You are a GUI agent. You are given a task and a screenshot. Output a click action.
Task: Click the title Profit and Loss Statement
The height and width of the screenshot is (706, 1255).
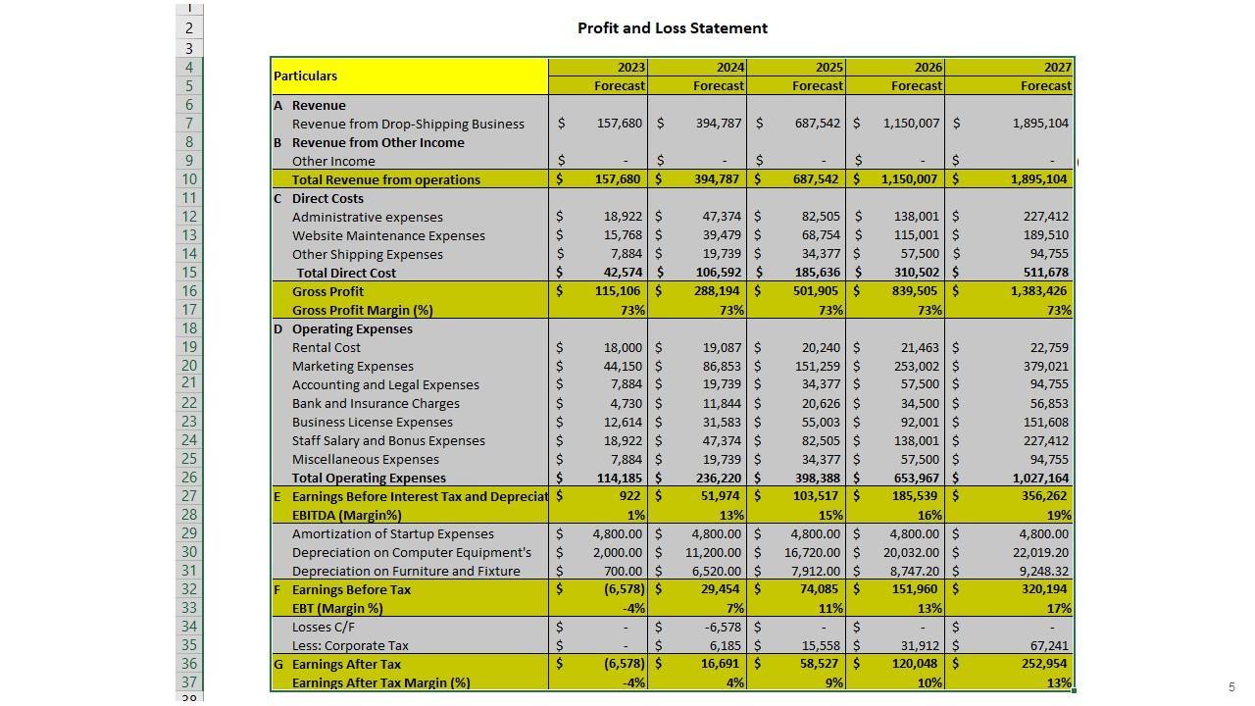[672, 28]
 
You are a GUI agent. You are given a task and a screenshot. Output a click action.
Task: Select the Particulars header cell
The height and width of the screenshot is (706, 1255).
[306, 76]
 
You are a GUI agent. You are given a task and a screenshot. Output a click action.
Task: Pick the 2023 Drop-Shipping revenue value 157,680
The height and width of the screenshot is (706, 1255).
[621, 124]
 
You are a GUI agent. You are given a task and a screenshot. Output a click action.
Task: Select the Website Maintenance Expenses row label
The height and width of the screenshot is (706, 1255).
[388, 235]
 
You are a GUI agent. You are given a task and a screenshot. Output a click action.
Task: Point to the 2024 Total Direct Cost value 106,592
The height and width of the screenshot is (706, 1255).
[718, 273]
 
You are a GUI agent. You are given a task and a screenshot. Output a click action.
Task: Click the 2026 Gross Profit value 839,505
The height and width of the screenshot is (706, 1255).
[912, 291]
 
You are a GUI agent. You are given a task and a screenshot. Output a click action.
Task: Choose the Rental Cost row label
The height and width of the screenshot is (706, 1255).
[326, 347]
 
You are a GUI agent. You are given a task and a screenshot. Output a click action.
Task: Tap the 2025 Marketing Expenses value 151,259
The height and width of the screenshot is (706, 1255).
[816, 366]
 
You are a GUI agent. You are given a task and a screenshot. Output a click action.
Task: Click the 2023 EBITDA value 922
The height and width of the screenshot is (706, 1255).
[631, 496]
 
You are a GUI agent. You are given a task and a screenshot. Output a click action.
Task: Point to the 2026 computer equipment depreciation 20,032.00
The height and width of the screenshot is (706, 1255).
[909, 552]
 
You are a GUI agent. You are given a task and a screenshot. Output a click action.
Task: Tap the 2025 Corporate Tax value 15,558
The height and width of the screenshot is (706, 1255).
[819, 645]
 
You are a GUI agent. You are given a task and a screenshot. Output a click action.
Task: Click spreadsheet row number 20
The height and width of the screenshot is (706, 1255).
[189, 366]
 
